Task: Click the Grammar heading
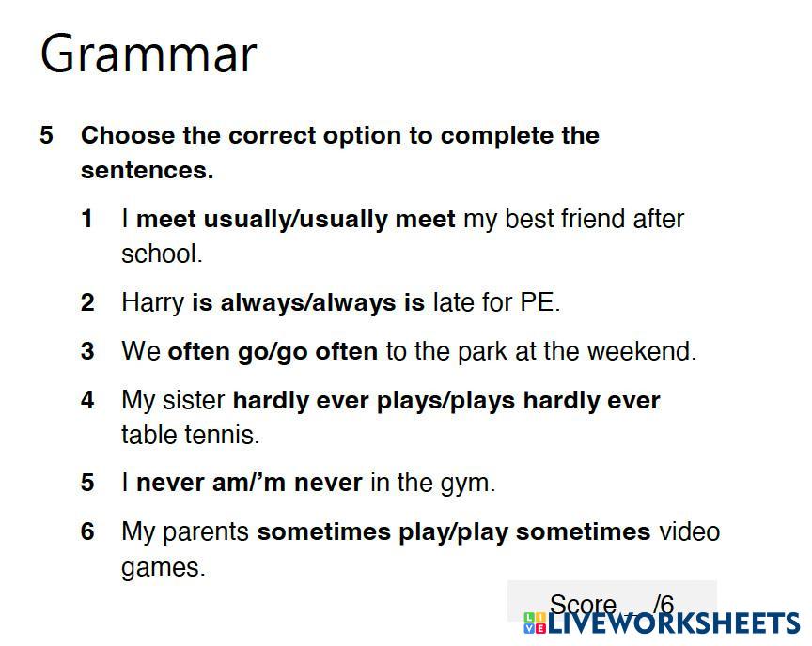[148, 54]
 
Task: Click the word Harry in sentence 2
[153, 302]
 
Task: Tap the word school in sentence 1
[162, 254]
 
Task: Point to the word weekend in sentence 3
[642, 350]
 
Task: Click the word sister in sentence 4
[194, 400]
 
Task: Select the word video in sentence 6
[689, 531]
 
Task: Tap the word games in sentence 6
[164, 568]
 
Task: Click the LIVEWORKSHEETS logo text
[662, 623]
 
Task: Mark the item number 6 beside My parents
[87, 531]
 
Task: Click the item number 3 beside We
[87, 351]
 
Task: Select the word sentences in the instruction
[147, 170]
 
